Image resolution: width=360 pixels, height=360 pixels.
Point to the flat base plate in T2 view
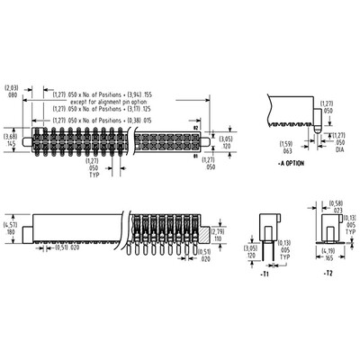coord(327,239)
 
